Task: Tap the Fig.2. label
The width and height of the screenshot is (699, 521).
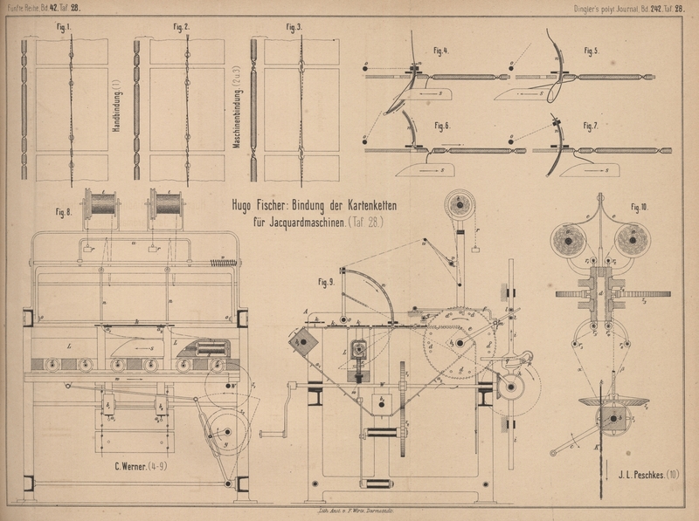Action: point(181,27)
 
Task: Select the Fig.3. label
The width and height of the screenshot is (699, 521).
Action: point(294,27)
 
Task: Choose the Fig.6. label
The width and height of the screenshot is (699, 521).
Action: point(440,125)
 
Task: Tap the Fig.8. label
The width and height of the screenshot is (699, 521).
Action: point(63,211)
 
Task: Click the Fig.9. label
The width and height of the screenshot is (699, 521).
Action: point(327,282)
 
